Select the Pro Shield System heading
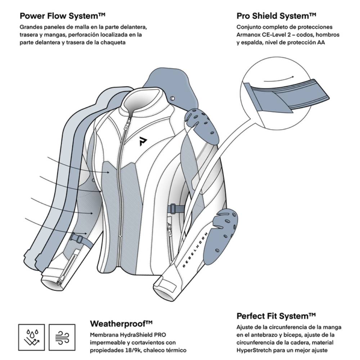tap(276, 16)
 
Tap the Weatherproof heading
tap(121, 323)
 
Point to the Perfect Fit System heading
tap(276, 316)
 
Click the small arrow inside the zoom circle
tap(279, 79)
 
